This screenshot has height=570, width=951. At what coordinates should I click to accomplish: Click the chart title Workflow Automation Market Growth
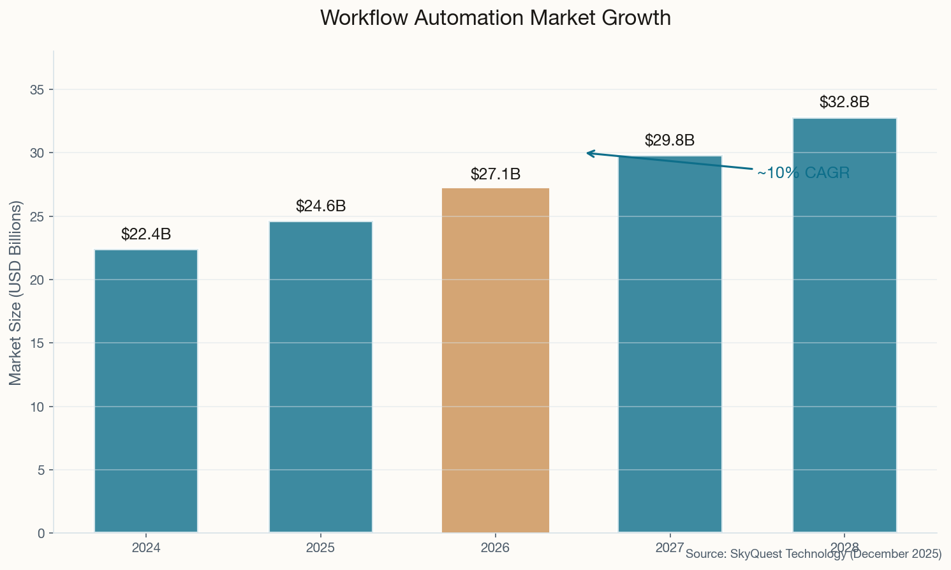[495, 18]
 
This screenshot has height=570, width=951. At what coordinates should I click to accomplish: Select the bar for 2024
[146, 391]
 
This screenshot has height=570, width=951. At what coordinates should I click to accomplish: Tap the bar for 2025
[321, 377]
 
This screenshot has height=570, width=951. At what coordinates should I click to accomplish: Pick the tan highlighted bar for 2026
[496, 361]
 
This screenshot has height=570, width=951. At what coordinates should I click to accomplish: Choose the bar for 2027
[670, 345]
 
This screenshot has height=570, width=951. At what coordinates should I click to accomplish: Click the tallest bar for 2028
[844, 326]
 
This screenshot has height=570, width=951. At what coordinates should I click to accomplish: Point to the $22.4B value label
[146, 234]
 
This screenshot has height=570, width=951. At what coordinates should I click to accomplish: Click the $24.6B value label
[321, 206]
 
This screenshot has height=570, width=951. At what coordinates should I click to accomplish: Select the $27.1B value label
[496, 174]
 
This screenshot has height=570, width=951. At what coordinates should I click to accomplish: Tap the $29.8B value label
[670, 140]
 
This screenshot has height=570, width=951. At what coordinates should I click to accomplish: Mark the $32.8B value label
[844, 102]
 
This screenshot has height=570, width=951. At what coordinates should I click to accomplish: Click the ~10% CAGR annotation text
[803, 173]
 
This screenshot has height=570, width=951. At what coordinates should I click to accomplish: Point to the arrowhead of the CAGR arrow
[588, 153]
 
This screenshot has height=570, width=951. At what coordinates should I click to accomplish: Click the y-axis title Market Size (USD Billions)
[16, 292]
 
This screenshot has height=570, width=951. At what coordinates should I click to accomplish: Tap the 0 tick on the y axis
[41, 534]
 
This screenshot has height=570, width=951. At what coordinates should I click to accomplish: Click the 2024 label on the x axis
[146, 548]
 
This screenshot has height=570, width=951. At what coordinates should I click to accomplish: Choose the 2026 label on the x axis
[496, 548]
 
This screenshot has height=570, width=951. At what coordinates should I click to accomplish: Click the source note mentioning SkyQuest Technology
[813, 554]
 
